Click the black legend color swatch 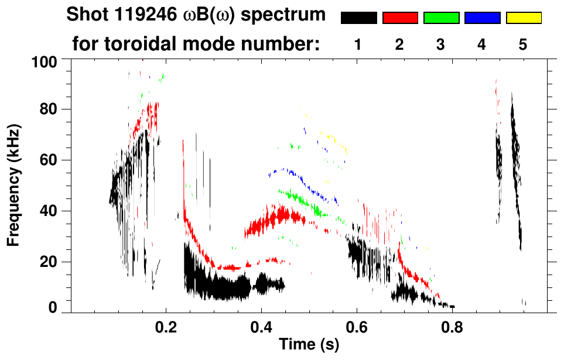(358, 18)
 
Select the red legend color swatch (400, 18)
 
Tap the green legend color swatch (441, 18)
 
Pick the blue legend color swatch (482, 18)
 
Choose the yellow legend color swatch (524, 18)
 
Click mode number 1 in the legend (358, 45)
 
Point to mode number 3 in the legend (441, 45)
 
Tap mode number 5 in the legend (524, 45)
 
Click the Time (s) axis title (309, 345)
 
